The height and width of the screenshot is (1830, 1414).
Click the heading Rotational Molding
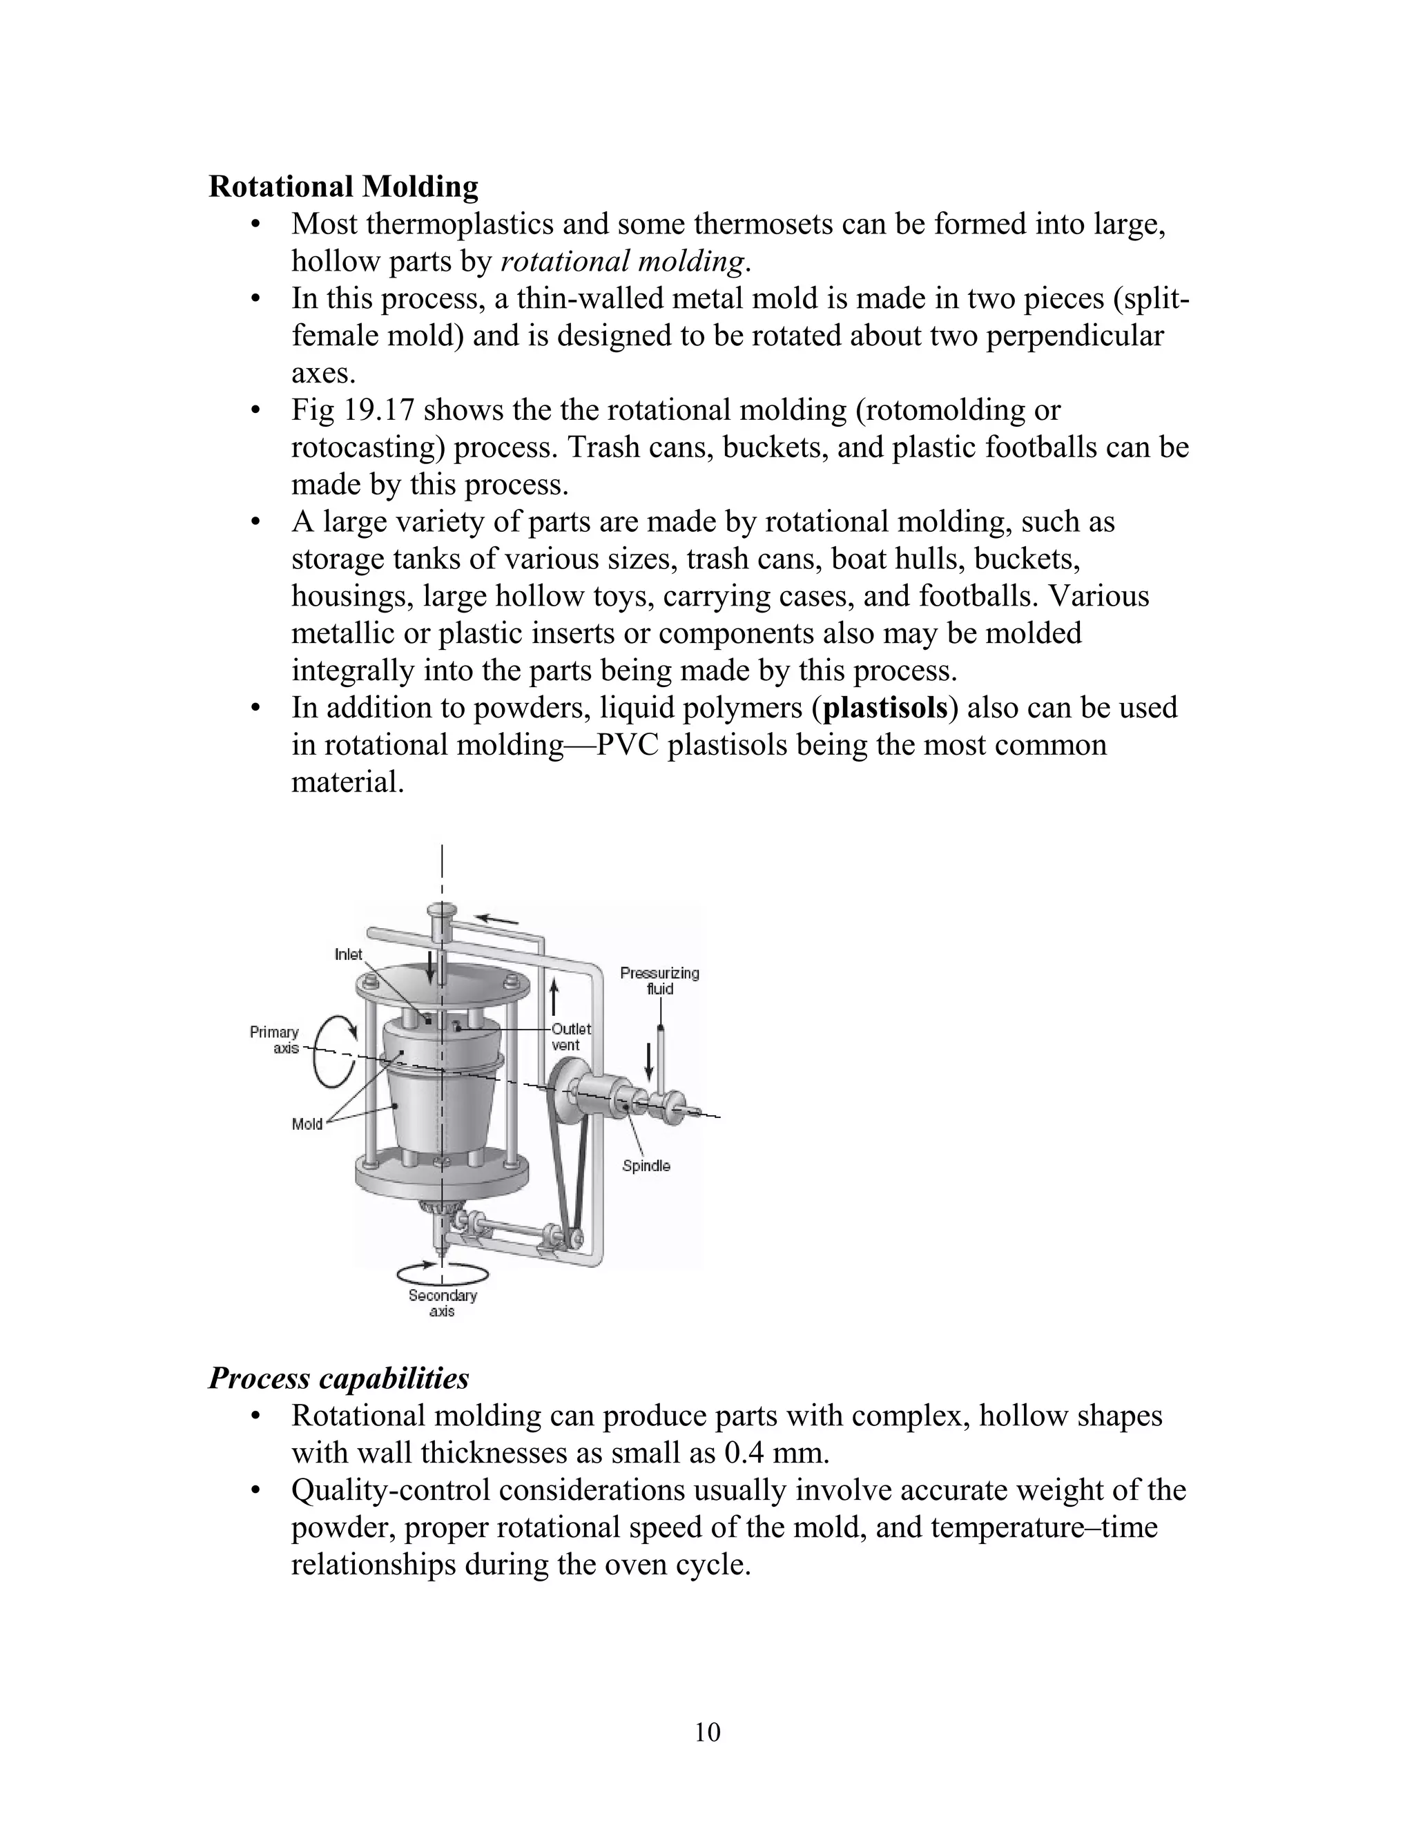(x=342, y=186)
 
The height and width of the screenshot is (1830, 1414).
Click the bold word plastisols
(x=885, y=708)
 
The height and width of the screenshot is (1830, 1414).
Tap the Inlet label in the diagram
(x=349, y=954)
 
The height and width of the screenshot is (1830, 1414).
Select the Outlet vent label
(x=571, y=1037)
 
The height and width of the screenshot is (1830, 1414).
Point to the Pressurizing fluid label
(x=659, y=981)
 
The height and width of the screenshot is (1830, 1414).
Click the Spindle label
(x=646, y=1166)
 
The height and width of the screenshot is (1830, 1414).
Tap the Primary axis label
(x=274, y=1040)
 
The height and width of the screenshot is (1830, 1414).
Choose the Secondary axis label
(x=443, y=1303)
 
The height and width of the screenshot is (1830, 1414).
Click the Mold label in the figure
(x=307, y=1124)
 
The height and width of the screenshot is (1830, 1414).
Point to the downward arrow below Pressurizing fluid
(x=648, y=1063)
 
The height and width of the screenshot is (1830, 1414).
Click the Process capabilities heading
(x=338, y=1378)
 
